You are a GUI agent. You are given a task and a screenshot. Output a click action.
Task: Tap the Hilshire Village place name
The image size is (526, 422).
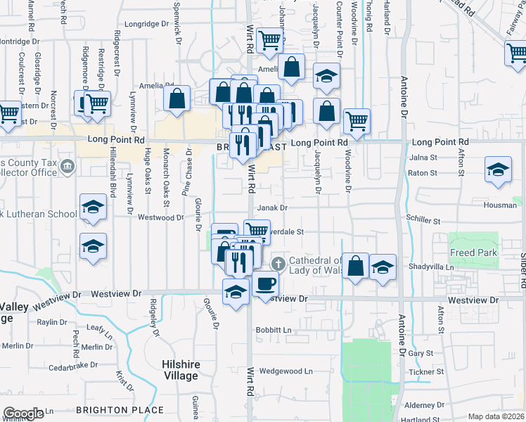coord(181,370)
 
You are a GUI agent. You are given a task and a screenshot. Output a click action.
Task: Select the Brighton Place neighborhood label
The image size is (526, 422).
coord(120,409)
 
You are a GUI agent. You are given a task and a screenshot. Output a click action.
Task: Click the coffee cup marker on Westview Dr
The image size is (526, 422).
coord(266,284)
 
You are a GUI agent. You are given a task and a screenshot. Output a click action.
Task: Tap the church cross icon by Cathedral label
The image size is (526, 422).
coord(278,264)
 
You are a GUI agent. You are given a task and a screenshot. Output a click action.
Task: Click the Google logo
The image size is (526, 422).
coord(23,414)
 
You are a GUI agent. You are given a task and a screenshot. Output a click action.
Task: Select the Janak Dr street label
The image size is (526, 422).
coord(272,208)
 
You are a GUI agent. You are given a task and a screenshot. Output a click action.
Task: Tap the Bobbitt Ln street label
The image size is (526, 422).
coord(274,329)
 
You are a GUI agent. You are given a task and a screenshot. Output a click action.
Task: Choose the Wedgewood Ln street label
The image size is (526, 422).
coord(286,371)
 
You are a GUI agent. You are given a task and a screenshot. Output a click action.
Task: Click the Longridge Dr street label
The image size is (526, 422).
coord(147,23)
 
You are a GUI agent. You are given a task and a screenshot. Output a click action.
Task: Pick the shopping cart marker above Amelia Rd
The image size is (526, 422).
coord(269,41)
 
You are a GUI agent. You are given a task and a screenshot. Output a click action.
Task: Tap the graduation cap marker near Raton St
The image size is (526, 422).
coord(498,170)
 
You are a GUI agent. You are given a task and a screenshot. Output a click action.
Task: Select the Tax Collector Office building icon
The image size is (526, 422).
coord(68,167)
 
